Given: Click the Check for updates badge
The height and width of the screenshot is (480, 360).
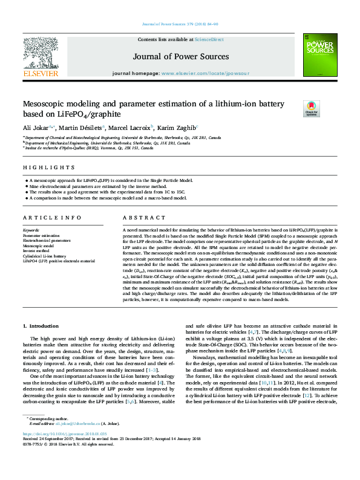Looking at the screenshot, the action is [x=311, y=109].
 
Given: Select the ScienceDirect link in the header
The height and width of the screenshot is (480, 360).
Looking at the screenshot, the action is [x=209, y=39].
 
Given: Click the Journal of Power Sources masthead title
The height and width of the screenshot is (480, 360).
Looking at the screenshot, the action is [x=181, y=57].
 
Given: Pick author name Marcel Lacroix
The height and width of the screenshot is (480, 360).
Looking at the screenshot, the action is [x=133, y=128].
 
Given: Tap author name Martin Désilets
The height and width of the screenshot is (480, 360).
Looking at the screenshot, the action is [x=82, y=128].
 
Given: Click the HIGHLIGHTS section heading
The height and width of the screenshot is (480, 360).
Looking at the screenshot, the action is [x=41, y=167].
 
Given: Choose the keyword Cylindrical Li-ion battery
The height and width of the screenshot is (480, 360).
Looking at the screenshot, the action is [x=44, y=256].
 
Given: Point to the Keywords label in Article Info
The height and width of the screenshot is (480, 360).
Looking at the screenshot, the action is [x=31, y=231].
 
